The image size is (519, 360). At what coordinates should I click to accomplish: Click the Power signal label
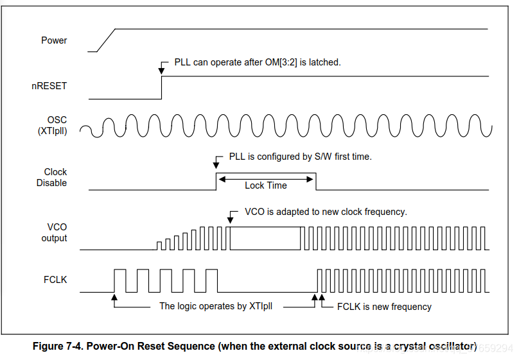54,40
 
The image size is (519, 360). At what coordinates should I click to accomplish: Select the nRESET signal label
49,85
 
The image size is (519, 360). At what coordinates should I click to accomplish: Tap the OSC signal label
57,121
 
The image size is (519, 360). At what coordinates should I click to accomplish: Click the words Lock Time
266,185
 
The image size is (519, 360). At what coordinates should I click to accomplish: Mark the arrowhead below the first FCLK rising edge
114,296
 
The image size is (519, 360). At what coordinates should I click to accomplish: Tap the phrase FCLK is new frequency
384,307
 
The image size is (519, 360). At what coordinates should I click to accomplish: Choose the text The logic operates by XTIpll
216,307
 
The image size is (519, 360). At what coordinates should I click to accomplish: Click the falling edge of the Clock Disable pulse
316,182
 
